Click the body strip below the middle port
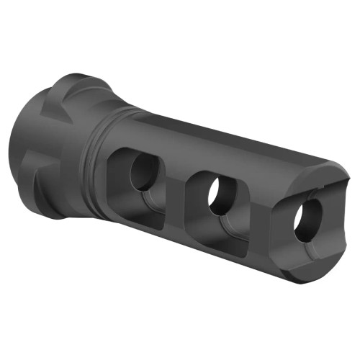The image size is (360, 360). [x=216, y=248]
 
